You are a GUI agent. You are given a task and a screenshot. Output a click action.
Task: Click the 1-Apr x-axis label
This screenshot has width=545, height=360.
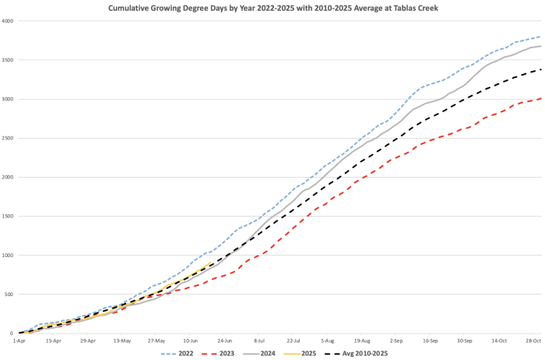(19, 341)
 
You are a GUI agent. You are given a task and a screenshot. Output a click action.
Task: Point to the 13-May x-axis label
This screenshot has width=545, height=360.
(122, 341)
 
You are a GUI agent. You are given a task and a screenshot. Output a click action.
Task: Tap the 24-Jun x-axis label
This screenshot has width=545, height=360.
(224, 341)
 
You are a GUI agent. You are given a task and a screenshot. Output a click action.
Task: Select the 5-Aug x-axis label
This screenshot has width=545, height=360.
(327, 341)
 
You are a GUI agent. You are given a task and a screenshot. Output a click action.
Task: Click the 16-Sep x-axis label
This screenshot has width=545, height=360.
(430, 341)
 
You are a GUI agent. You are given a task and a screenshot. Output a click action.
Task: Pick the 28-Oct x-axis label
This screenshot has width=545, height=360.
(533, 341)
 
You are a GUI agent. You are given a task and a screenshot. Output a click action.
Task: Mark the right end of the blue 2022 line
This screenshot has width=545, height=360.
(541, 37)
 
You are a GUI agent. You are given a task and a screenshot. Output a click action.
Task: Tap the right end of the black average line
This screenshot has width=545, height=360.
(541, 69)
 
